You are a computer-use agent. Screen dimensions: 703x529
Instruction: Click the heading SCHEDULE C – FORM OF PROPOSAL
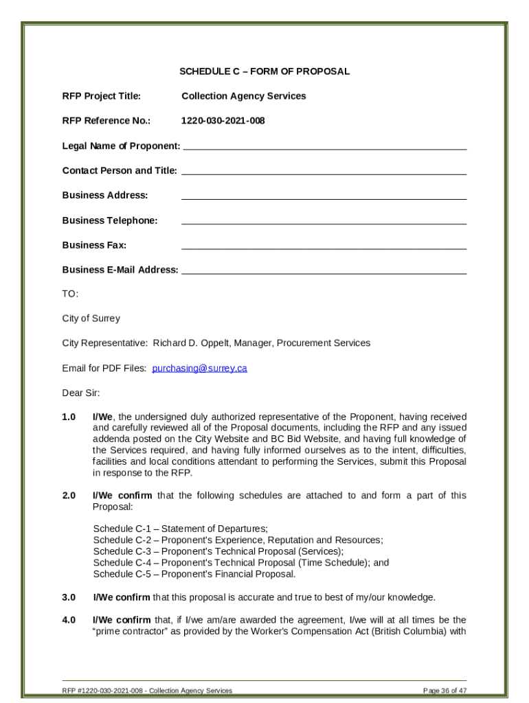coord(264,71)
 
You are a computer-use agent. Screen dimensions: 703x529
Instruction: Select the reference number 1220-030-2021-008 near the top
coord(223,121)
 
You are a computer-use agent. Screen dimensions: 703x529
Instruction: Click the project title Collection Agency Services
coord(243,96)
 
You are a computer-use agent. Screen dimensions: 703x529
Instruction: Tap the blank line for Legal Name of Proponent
coord(324,146)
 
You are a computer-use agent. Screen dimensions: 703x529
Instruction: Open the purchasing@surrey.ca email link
coord(199,369)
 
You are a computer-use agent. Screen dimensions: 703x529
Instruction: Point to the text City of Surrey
coord(91,319)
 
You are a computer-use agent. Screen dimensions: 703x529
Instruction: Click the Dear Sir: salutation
coord(80,393)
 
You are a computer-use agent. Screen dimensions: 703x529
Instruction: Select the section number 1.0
coord(69,417)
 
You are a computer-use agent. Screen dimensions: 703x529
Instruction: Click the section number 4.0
coord(69,621)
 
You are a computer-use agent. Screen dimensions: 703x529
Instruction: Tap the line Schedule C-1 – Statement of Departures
coord(180,529)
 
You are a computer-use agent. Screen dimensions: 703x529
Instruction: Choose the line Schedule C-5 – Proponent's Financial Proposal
coord(194,574)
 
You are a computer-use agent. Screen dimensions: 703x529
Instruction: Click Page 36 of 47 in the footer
coord(444,691)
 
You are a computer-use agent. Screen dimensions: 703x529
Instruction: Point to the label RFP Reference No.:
coord(106,121)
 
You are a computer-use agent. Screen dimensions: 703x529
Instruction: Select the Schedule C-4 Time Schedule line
coord(240,563)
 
